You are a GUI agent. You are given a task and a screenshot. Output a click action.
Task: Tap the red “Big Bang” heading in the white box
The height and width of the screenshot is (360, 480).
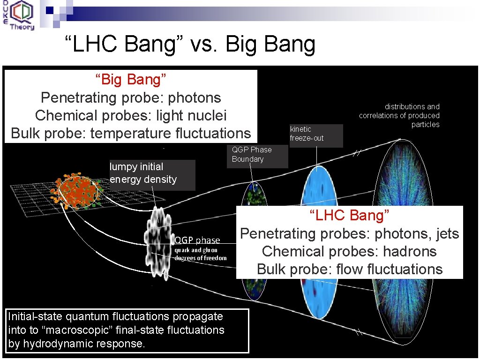click(131, 80)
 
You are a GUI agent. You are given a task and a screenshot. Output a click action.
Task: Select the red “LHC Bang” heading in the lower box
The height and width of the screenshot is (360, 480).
click(350, 216)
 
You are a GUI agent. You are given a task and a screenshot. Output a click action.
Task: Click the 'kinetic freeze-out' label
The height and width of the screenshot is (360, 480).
click(307, 134)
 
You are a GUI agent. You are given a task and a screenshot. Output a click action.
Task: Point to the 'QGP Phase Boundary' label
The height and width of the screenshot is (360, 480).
click(252, 154)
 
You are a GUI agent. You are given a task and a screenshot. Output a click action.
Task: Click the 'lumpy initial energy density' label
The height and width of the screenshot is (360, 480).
click(143, 173)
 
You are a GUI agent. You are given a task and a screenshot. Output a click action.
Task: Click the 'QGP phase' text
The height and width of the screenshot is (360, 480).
click(197, 240)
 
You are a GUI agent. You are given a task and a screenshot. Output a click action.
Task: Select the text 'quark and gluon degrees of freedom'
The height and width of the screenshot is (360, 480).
click(201, 254)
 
